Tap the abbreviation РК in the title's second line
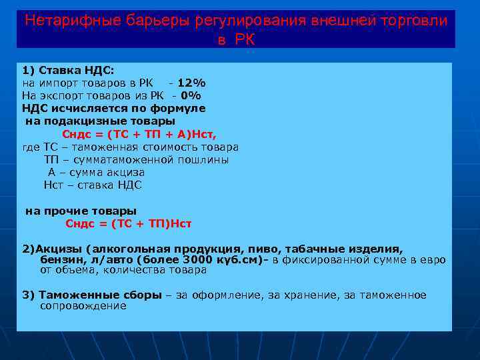tap(245, 39)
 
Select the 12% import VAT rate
tap(191, 83)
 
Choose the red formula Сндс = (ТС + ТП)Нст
tap(129, 223)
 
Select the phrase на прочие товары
tap(81, 211)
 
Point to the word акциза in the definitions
tap(122, 172)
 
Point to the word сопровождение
tap(83, 306)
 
